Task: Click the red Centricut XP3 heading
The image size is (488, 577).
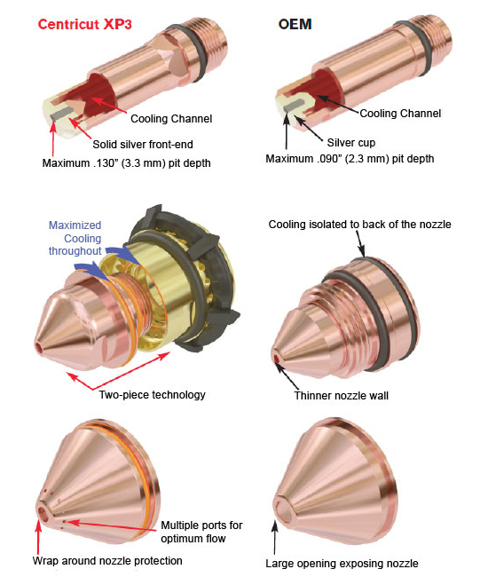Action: (x=84, y=24)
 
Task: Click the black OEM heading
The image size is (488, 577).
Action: (x=295, y=24)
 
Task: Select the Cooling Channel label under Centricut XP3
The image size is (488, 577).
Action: (x=171, y=118)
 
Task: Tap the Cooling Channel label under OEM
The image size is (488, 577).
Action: (x=400, y=113)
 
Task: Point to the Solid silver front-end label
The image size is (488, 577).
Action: (x=143, y=144)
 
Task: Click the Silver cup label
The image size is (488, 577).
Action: (x=351, y=142)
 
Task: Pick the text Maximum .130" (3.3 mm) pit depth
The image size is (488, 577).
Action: (x=127, y=163)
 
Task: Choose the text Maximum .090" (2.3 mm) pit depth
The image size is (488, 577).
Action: (x=350, y=159)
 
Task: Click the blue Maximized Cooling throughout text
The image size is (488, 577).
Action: (x=75, y=238)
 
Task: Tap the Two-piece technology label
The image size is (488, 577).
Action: (x=152, y=395)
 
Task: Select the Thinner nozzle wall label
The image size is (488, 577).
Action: (x=342, y=396)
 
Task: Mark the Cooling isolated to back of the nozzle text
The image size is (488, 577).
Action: (x=359, y=224)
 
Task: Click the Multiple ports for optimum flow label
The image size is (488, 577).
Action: (x=201, y=532)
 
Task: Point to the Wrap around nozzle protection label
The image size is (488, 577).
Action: (x=107, y=560)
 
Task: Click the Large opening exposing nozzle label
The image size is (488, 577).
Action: (x=342, y=564)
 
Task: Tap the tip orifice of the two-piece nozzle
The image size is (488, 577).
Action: (x=39, y=347)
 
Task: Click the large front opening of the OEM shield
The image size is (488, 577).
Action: (x=282, y=508)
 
